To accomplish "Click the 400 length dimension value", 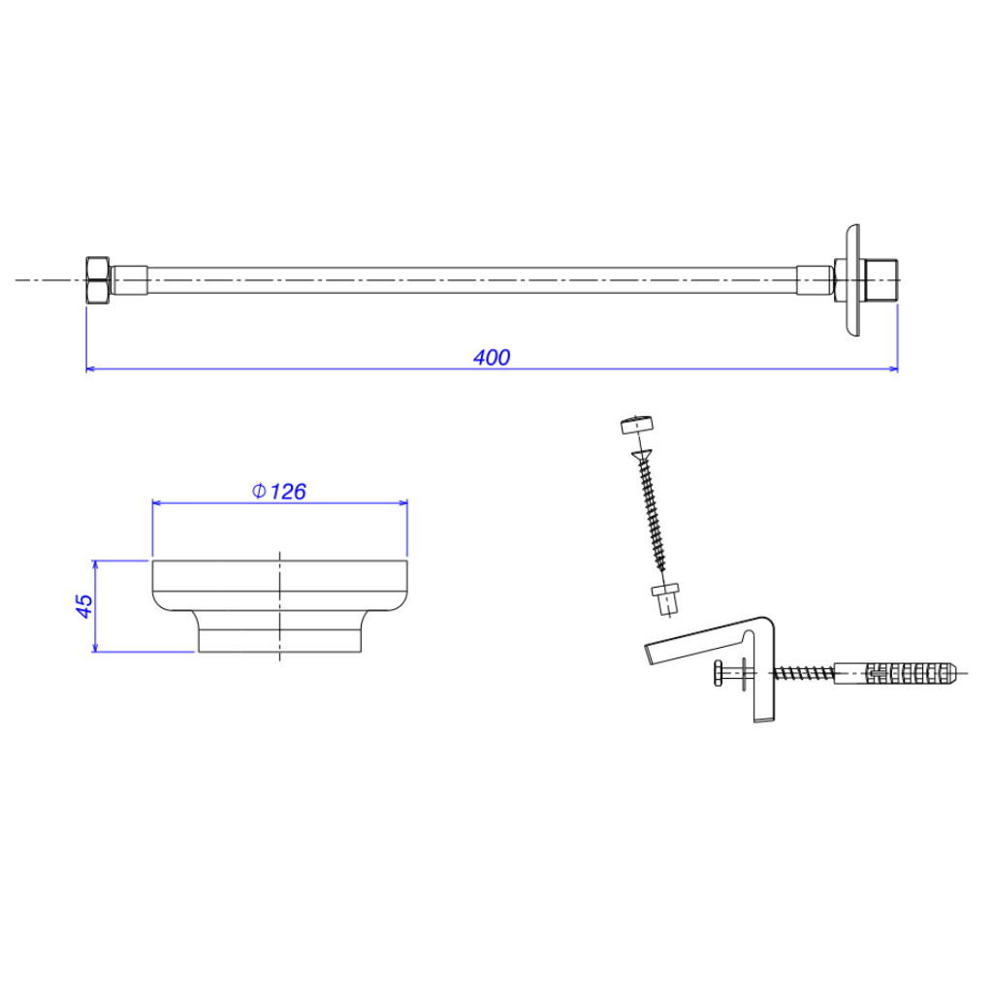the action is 492,357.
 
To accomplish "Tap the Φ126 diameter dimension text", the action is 278,492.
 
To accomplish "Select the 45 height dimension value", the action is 84,606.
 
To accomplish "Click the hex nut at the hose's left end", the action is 98,280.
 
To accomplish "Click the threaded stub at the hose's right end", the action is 881,280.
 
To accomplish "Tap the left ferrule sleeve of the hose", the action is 130,280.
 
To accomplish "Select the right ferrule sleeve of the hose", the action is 815,280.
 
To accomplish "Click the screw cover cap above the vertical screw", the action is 636,425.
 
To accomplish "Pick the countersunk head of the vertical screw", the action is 642,454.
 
